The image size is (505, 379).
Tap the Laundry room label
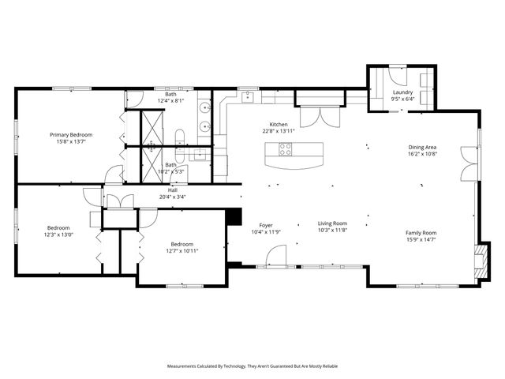pos(403,92)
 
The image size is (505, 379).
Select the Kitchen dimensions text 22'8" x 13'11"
pos(279,132)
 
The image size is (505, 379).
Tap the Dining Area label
pos(422,148)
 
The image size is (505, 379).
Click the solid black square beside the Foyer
pos(234,216)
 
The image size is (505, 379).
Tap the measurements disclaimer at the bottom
pos(252,366)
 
